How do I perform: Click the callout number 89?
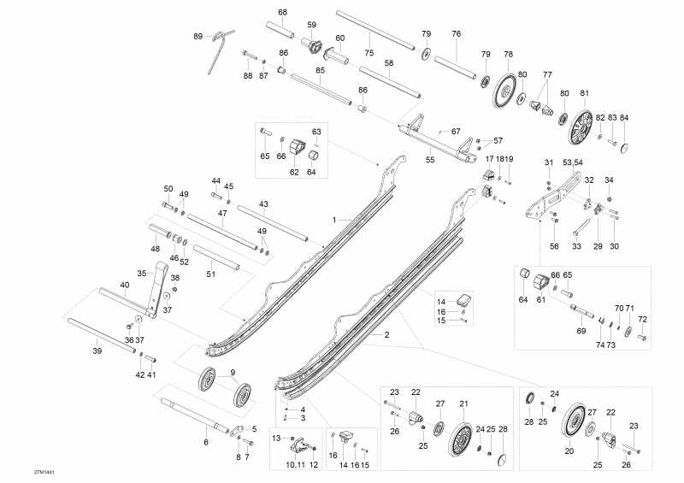[198, 36]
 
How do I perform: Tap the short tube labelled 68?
[282, 32]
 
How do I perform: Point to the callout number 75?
[369, 53]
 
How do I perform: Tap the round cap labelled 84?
[626, 147]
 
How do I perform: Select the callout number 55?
[430, 159]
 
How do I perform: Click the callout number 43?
[263, 204]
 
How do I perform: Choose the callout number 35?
[143, 273]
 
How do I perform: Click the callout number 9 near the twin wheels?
[232, 372]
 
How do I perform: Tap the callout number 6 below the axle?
[205, 442]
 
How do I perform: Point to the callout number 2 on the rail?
[386, 335]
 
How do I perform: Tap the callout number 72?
[642, 320]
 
